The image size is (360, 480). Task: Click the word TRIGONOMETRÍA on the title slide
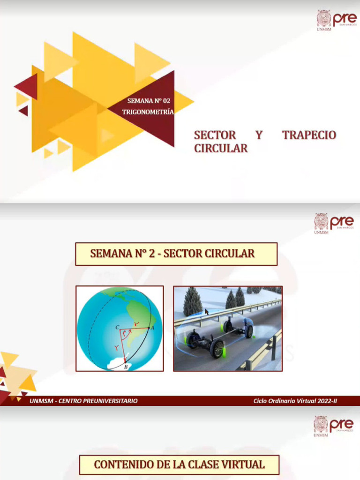(148, 112)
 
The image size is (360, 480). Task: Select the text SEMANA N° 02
(149, 100)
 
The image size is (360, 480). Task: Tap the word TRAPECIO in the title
(309, 135)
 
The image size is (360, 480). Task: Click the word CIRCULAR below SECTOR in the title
(221, 149)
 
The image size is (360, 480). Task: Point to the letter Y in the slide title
(259, 135)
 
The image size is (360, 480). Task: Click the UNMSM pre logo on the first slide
(336, 20)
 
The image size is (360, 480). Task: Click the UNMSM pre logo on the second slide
(334, 223)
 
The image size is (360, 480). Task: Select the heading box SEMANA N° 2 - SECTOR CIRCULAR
(176, 254)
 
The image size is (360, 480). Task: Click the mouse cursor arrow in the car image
(207, 312)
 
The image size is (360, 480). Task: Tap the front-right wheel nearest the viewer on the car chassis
(217, 349)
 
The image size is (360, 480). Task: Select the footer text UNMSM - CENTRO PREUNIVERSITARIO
(83, 401)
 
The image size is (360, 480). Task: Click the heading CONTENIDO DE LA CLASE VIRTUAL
(179, 465)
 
